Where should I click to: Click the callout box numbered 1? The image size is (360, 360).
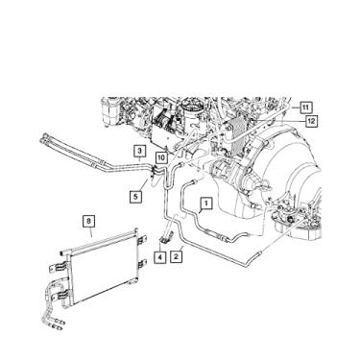tap(206, 203)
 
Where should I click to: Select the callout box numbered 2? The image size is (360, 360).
tap(176, 256)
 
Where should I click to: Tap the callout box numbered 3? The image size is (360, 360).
tap(139, 151)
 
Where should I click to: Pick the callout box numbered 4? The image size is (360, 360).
tap(159, 256)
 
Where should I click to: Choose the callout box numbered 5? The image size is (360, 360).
tap(135, 196)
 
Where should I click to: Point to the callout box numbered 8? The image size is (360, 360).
tap(88, 221)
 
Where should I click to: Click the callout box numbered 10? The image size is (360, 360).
tap(161, 157)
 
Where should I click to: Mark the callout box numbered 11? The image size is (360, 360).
tap(305, 107)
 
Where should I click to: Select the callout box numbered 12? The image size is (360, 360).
tap(311, 121)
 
